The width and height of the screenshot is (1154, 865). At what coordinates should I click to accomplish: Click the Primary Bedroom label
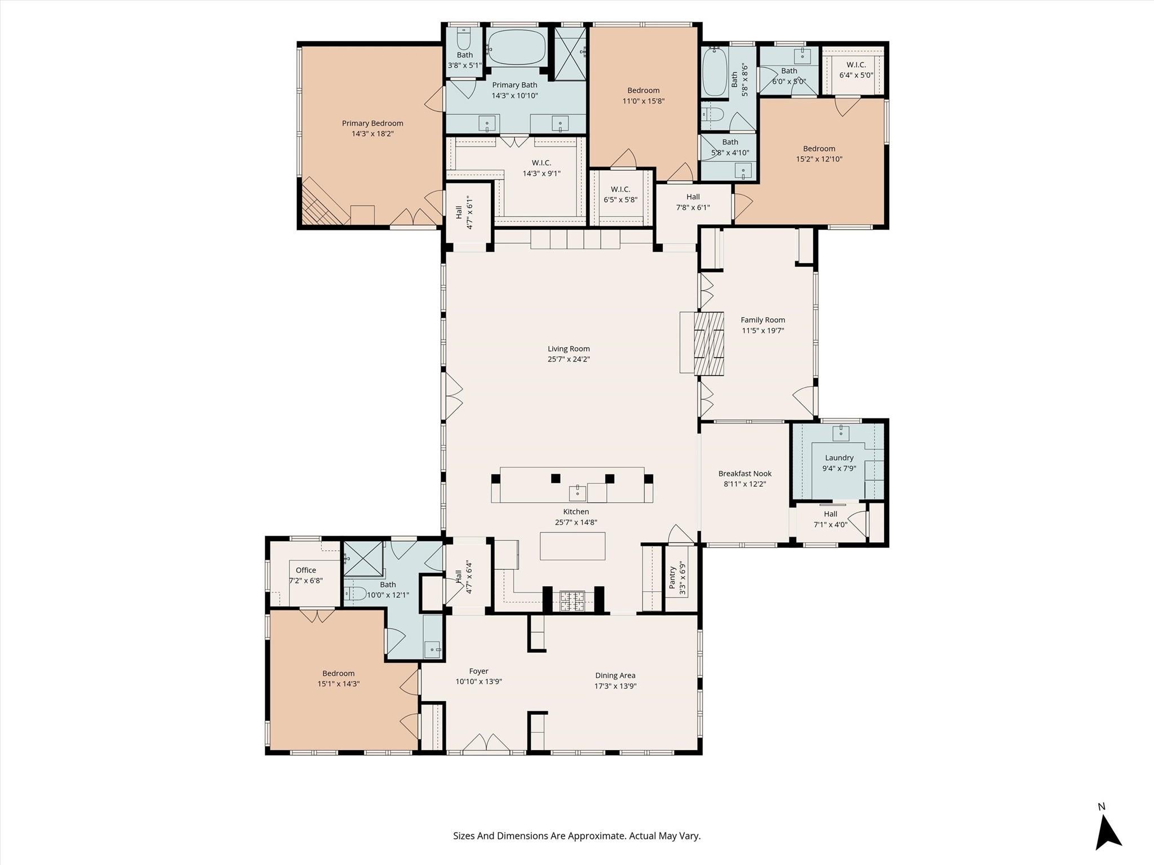tap(372, 123)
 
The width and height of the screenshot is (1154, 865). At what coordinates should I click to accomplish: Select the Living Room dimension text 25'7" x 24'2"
tap(569, 359)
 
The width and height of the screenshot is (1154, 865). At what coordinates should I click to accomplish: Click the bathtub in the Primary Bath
tap(516, 48)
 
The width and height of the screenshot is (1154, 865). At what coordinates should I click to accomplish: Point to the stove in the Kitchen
tap(572, 601)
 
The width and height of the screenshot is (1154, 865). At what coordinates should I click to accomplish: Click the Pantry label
tap(672, 578)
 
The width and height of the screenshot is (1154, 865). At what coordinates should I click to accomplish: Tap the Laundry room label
tap(839, 458)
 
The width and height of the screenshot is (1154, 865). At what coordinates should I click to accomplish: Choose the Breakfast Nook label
tap(745, 474)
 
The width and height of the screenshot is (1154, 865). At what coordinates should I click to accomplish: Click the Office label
tap(306, 570)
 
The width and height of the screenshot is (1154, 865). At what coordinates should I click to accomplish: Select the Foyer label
tap(478, 671)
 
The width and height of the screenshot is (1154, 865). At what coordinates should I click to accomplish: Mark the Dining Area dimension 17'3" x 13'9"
tap(615, 686)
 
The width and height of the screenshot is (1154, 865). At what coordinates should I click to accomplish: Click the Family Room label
tap(762, 320)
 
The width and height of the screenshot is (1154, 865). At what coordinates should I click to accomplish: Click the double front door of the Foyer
tap(486, 743)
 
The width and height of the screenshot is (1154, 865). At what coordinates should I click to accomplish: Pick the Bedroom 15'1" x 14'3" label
tap(338, 679)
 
